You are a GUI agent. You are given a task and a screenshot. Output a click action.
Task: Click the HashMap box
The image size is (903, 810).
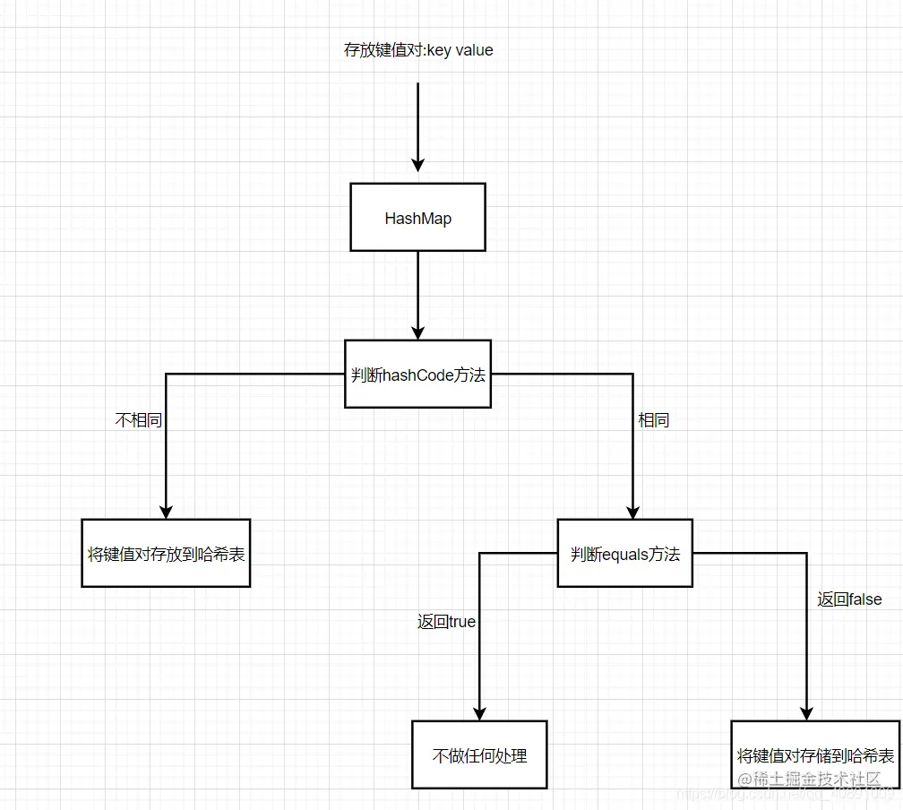point(417,218)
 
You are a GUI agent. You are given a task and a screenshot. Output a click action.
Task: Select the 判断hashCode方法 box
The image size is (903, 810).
point(417,375)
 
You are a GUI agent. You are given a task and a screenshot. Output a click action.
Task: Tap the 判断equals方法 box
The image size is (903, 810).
point(625,554)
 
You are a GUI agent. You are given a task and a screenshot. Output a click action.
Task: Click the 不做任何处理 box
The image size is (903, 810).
point(479,754)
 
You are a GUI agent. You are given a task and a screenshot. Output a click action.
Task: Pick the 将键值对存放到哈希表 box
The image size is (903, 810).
point(166,553)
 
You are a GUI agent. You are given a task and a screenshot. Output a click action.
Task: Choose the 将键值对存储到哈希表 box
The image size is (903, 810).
point(815,754)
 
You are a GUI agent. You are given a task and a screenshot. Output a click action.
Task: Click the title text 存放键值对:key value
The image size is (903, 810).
point(418,50)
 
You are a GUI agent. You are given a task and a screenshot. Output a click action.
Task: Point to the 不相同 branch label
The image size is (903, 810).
point(139,420)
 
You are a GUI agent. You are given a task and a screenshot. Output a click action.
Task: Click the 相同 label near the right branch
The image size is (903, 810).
point(653,420)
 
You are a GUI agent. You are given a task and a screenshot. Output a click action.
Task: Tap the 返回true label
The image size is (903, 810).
point(446,621)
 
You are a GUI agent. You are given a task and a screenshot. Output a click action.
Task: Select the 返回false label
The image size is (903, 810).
point(849,599)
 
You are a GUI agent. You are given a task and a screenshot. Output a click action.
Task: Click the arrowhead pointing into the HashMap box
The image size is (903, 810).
point(417,165)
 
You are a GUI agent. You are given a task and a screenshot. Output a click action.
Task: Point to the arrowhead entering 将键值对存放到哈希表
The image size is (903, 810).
point(166,509)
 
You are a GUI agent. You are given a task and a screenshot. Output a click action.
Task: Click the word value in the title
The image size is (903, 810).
point(475,50)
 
